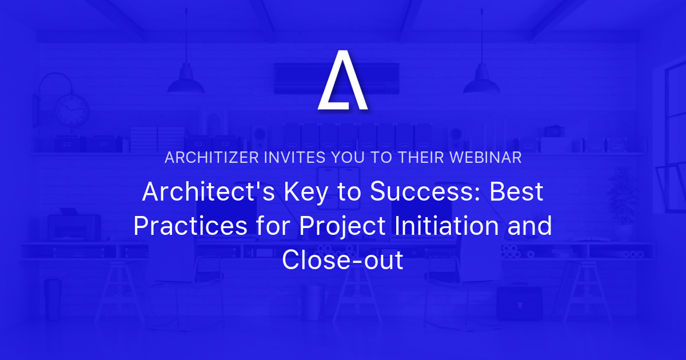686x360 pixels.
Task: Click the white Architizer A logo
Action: coord(342,81)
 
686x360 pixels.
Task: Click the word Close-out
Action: coord(342,261)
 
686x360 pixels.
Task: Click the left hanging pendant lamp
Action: coord(185,83)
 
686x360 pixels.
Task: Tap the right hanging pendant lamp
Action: coord(481,83)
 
